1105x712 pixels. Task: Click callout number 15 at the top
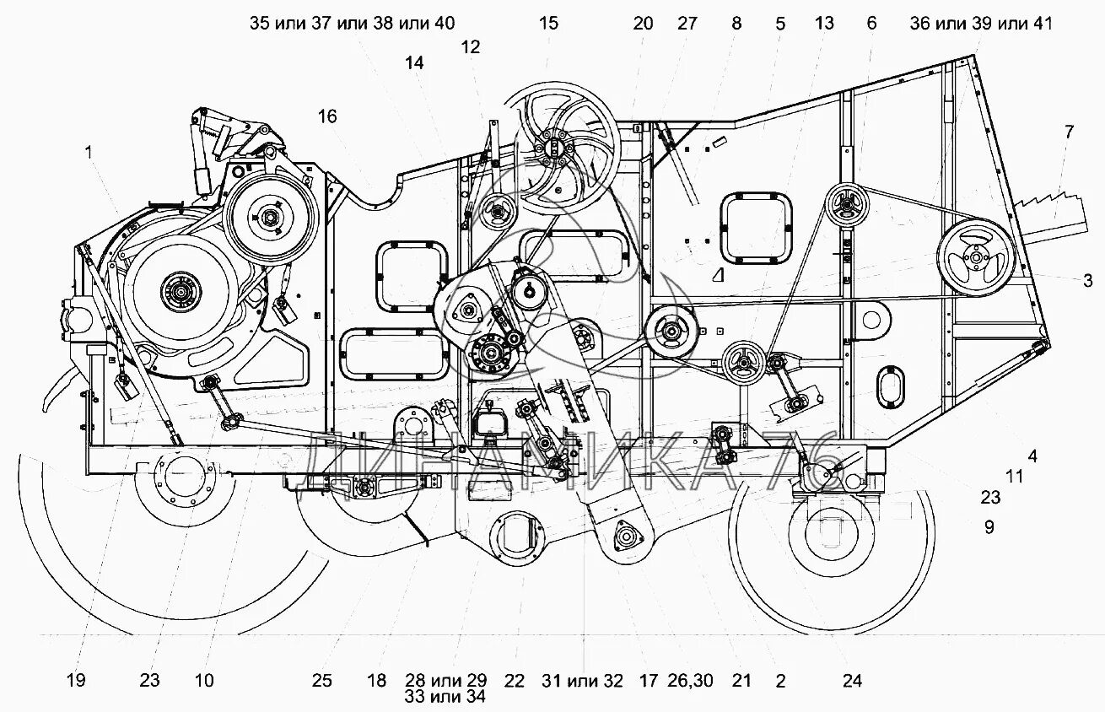coord(548,24)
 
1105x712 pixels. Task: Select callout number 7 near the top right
coord(1069,131)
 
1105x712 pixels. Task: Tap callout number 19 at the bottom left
coord(76,681)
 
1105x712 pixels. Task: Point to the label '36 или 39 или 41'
coord(981,24)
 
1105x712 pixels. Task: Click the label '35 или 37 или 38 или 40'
coord(352,24)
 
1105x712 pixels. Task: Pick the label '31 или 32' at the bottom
coord(583,681)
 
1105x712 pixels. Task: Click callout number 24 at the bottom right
coord(852,681)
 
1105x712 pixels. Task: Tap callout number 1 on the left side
coord(88,153)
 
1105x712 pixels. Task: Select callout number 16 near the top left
coord(327,116)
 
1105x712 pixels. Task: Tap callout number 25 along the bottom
coord(323,681)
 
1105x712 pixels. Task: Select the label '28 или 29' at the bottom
coord(446,681)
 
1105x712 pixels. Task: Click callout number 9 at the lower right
coord(989,527)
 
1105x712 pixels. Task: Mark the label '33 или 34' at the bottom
coord(446,697)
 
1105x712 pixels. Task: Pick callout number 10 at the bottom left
coord(204,681)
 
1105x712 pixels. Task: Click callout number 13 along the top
coord(824,24)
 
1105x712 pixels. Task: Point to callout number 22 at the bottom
coord(515,681)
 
